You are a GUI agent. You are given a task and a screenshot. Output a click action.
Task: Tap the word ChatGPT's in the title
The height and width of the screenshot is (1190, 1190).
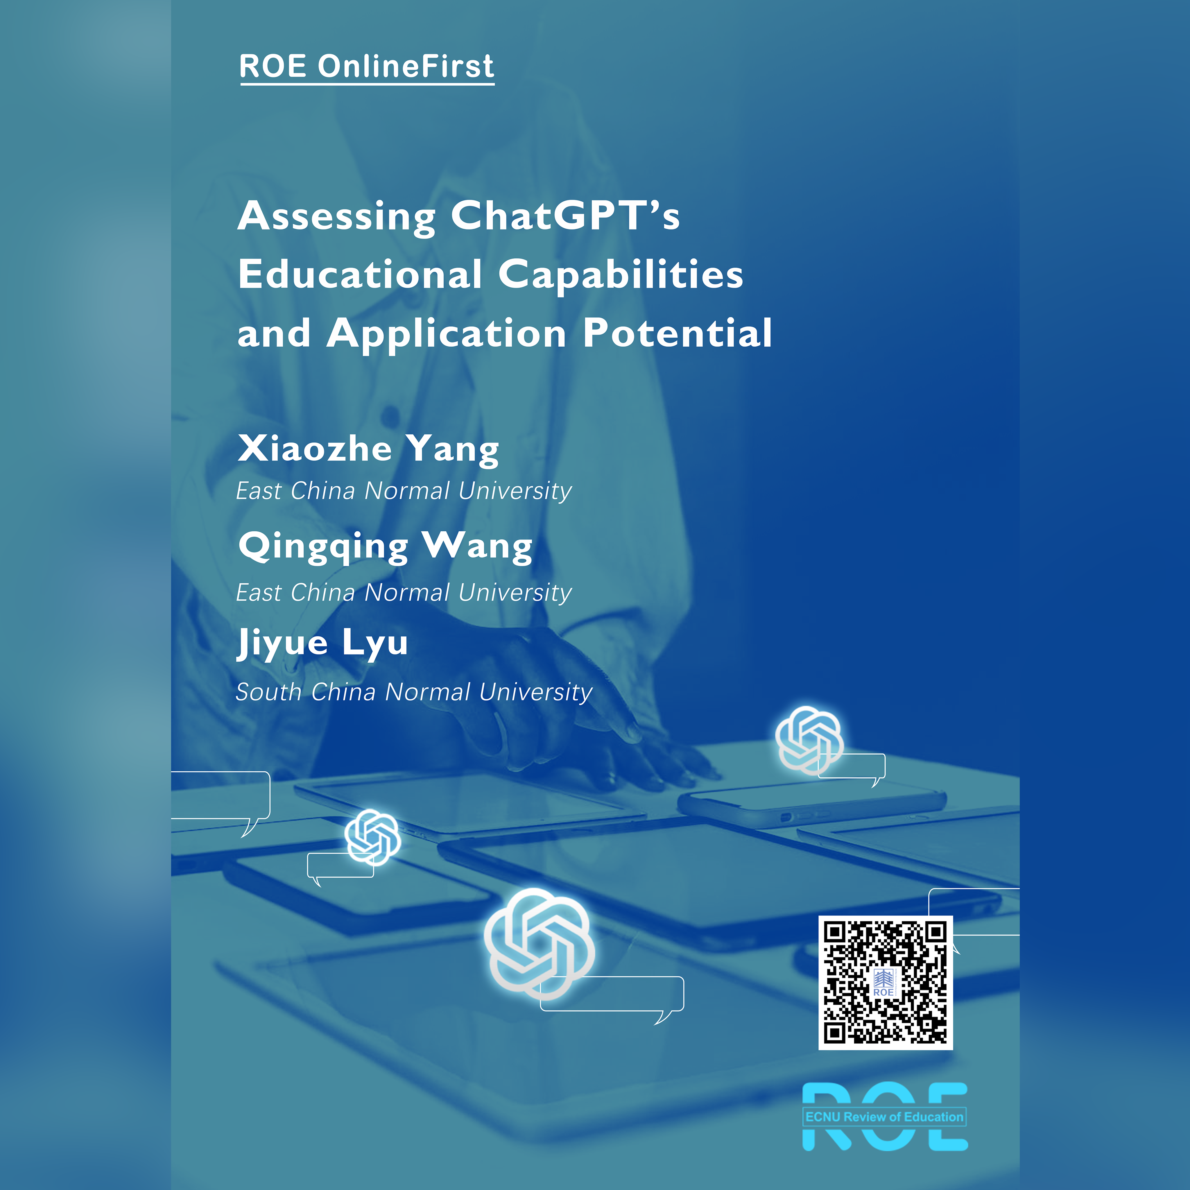click(x=565, y=217)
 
